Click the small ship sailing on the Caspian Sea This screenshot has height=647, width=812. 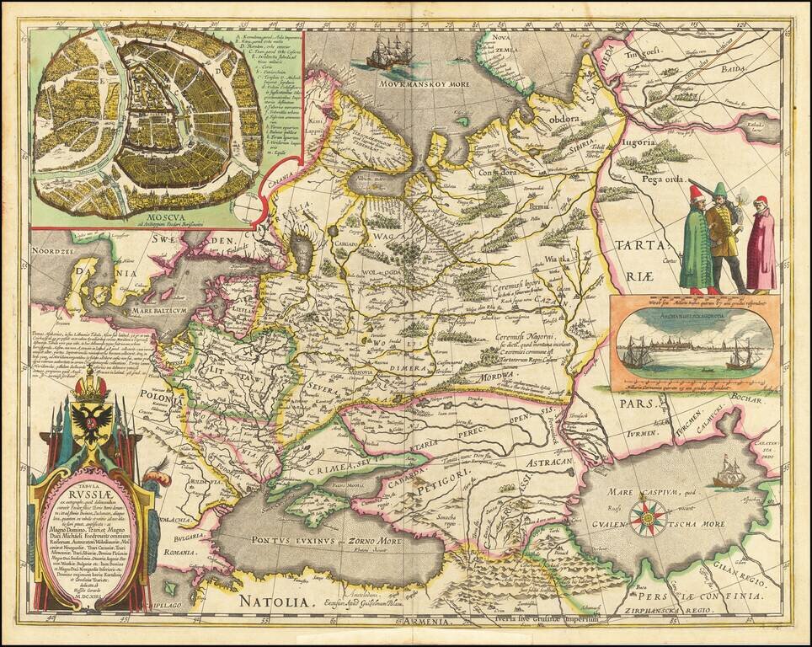729,473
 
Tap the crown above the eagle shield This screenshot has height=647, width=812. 90,385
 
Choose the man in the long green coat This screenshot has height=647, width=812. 696,244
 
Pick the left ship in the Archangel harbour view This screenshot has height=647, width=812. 636,354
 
